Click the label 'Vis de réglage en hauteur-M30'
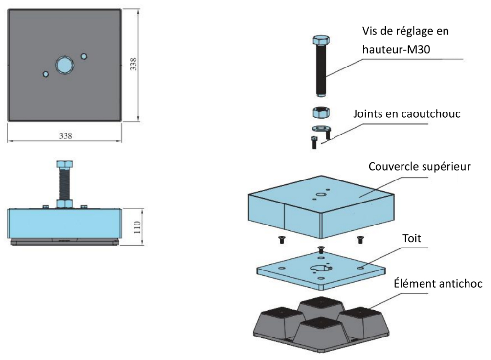(x=405, y=40)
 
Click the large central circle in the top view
(x=64, y=65)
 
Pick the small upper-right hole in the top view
(x=84, y=56)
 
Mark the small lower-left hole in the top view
(x=45, y=74)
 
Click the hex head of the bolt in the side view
(x=64, y=164)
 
